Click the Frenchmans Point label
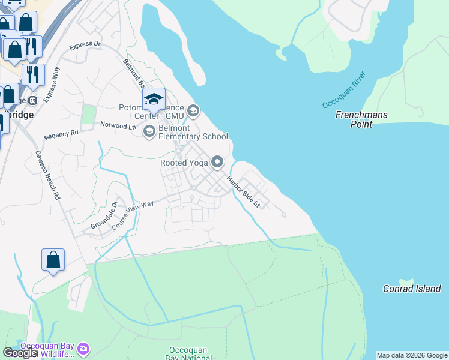click(x=361, y=119)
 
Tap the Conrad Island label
click(x=412, y=289)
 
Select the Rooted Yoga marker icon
click(x=217, y=162)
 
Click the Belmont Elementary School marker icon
click(x=149, y=131)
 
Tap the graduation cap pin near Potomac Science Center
click(x=154, y=99)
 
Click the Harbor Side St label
click(x=243, y=191)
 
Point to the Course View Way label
click(x=133, y=212)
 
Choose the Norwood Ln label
click(x=114, y=126)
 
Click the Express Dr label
click(x=85, y=45)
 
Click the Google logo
click(x=20, y=353)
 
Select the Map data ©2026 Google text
click(x=411, y=355)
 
